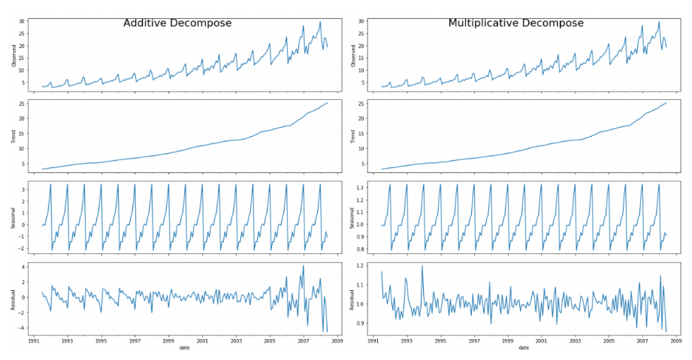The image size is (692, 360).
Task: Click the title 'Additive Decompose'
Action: [x=177, y=23]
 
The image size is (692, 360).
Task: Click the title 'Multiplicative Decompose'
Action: [x=515, y=23]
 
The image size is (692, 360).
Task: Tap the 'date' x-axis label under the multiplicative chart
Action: [x=524, y=348]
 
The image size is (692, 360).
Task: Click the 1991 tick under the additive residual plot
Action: [x=34, y=340]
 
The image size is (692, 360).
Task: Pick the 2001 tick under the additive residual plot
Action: [x=202, y=340]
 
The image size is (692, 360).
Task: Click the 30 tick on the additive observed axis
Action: [x=22, y=21]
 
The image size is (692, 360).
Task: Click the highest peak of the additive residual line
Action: [x=304, y=265]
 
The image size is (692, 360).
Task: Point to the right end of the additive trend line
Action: [x=328, y=103]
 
